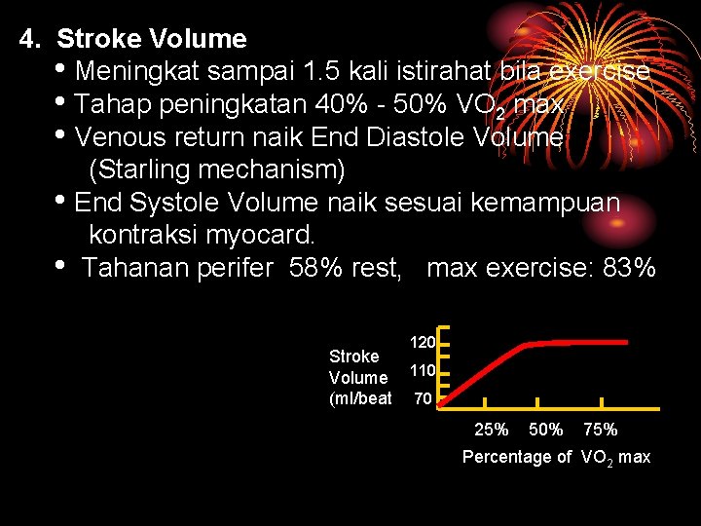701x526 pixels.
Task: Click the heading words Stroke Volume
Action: [152, 40]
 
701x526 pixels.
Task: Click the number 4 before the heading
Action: [29, 40]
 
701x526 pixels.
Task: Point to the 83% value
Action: [629, 268]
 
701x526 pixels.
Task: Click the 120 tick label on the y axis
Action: [422, 343]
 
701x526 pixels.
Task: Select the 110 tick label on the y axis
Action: [422, 371]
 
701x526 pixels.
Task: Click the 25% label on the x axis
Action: [491, 430]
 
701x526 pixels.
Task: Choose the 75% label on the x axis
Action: [600, 430]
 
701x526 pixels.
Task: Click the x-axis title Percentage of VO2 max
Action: [556, 457]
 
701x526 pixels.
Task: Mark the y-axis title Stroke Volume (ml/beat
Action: [359, 377]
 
